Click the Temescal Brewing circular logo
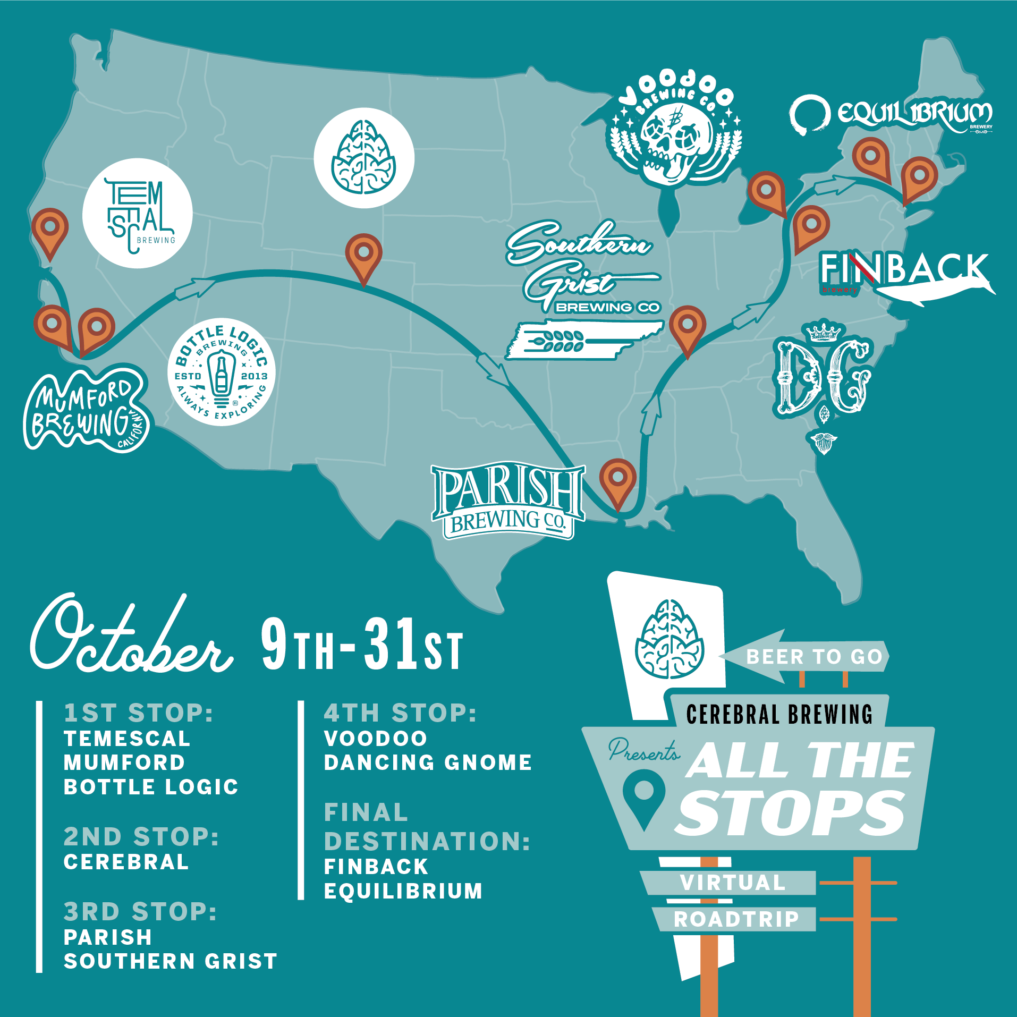(x=137, y=214)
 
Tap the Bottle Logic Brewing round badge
(x=221, y=372)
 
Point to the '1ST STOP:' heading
(x=138, y=713)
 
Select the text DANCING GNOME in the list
(x=428, y=762)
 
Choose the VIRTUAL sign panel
(x=732, y=883)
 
